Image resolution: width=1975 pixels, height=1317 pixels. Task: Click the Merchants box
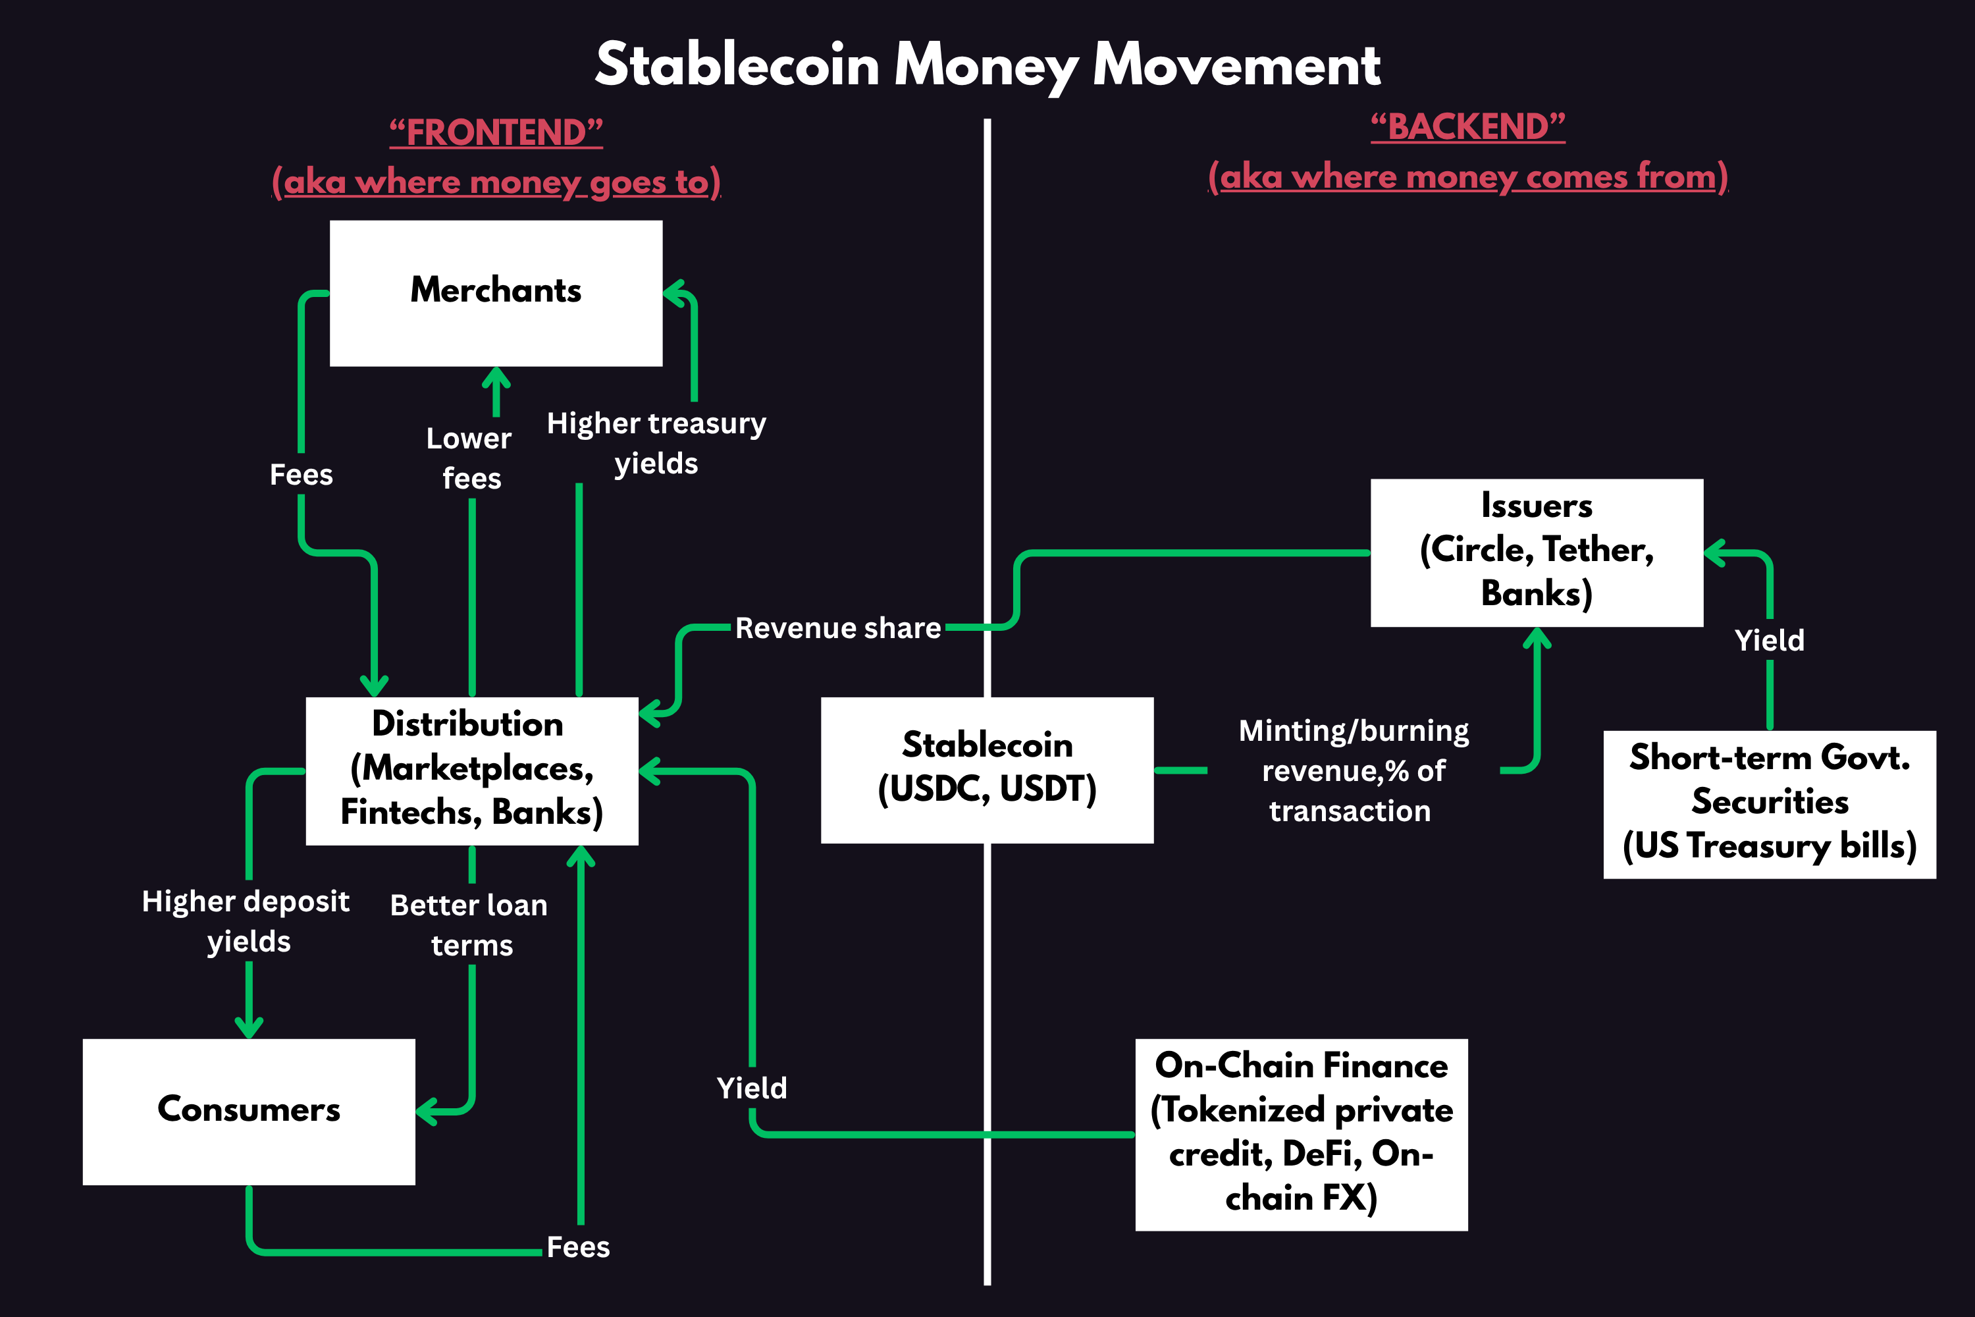[496, 292]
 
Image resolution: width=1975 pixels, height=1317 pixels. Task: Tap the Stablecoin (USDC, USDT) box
[987, 768]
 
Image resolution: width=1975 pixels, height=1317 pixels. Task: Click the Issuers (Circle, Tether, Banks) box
[1536, 552]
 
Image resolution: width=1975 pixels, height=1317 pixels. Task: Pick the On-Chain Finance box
[1301, 1133]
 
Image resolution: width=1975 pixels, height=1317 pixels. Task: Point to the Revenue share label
[838, 628]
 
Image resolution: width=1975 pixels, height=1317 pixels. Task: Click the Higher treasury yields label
[656, 443]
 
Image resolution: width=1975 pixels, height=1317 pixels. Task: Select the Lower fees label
[469, 458]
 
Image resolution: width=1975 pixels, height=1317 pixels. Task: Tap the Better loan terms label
[469, 925]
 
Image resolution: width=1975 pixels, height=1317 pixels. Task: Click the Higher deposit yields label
[246, 921]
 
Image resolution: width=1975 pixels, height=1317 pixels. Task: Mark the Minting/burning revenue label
[1353, 770]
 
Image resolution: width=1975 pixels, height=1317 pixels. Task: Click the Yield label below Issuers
[1770, 641]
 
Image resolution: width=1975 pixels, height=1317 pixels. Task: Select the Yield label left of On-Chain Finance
[752, 1089]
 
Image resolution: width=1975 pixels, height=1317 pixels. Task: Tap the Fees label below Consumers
[578, 1247]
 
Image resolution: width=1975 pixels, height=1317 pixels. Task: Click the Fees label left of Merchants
[301, 475]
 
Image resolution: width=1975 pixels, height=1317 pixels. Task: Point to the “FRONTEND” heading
[496, 133]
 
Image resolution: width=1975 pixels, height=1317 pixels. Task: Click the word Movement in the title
[1236, 65]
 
